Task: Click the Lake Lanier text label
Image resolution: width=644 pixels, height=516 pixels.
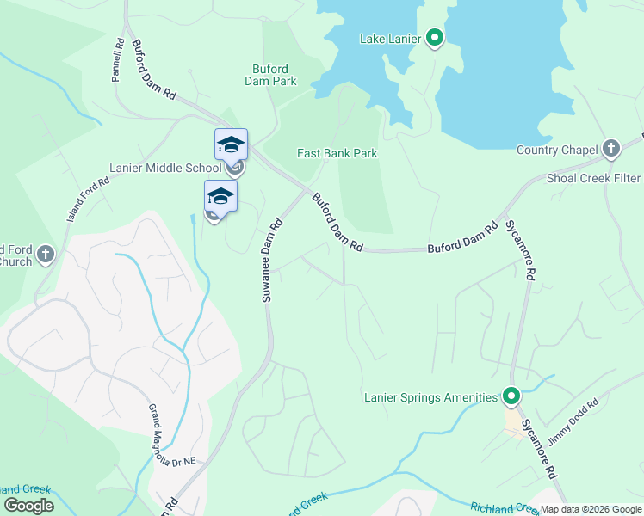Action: coord(390,39)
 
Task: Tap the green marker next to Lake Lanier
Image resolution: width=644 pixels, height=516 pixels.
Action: coord(435,37)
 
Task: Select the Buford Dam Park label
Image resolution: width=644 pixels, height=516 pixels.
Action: coord(275,75)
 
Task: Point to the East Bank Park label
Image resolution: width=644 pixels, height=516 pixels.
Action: coord(337,154)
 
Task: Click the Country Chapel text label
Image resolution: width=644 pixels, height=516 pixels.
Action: coord(557,150)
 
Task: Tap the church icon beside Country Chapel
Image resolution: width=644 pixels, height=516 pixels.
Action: coord(611,149)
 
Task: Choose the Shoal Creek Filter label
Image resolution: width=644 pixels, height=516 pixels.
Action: coord(594,178)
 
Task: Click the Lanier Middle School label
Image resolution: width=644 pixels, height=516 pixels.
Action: coord(164,168)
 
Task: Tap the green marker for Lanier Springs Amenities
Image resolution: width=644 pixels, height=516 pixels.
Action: coord(511,396)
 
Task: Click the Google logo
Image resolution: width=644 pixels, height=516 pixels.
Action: coord(28,506)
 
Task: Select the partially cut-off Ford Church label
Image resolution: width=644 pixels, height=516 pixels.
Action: coord(15,255)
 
